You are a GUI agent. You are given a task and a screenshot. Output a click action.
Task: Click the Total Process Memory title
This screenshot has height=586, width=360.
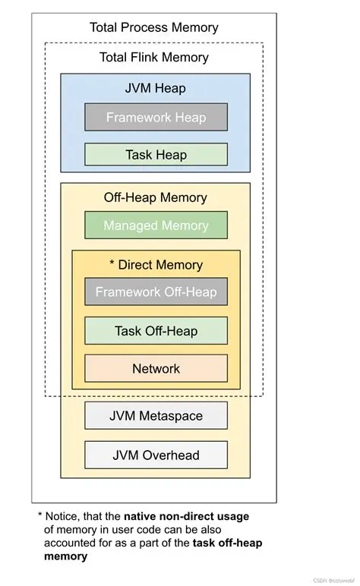click(154, 27)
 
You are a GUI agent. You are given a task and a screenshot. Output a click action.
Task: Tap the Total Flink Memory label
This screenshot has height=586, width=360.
click(154, 57)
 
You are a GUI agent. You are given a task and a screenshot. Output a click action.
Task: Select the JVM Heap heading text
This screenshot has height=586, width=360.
click(156, 88)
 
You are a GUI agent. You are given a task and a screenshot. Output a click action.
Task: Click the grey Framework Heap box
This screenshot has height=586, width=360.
click(156, 117)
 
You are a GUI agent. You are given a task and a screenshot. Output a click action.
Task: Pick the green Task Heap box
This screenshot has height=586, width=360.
click(156, 155)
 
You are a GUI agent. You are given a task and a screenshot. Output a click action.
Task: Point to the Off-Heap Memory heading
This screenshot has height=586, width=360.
click(156, 197)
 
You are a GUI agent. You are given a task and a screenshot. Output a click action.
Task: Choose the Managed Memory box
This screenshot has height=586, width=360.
click(156, 225)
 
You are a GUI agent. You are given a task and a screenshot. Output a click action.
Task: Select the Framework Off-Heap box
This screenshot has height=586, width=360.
click(156, 292)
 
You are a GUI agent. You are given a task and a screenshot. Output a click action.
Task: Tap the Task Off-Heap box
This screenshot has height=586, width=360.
click(156, 331)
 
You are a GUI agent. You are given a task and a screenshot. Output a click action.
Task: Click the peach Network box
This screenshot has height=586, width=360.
click(156, 369)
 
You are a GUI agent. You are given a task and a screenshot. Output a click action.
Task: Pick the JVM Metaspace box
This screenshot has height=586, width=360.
click(156, 416)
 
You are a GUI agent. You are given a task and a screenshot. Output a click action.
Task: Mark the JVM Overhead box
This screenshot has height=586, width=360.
click(156, 455)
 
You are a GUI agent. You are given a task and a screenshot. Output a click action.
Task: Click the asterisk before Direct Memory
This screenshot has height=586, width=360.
click(112, 264)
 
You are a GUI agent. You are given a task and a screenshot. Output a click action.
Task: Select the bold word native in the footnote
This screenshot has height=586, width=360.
click(142, 517)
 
